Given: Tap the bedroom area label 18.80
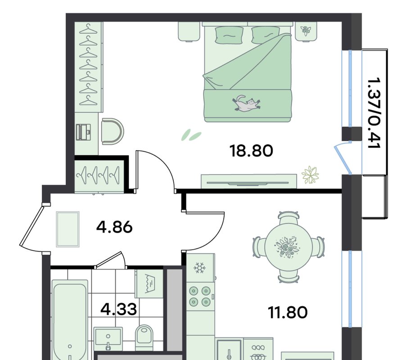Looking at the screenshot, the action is [251, 151].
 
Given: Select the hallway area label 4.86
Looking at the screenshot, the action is [114, 227].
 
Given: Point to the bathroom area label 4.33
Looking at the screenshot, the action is [118, 309].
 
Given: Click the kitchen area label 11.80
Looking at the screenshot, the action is [288, 312].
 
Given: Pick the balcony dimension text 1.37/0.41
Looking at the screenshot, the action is [374, 113].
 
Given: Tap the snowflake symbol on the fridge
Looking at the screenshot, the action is [199, 268].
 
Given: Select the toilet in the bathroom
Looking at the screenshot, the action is [145, 337].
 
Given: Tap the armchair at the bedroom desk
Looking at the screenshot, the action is [112, 131].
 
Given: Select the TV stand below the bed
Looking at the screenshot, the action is [249, 181].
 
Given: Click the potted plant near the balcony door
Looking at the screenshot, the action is [310, 175].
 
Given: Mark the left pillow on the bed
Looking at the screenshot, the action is [229, 35].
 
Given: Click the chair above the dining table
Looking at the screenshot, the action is [289, 217].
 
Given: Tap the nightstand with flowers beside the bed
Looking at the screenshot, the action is [306, 31].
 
